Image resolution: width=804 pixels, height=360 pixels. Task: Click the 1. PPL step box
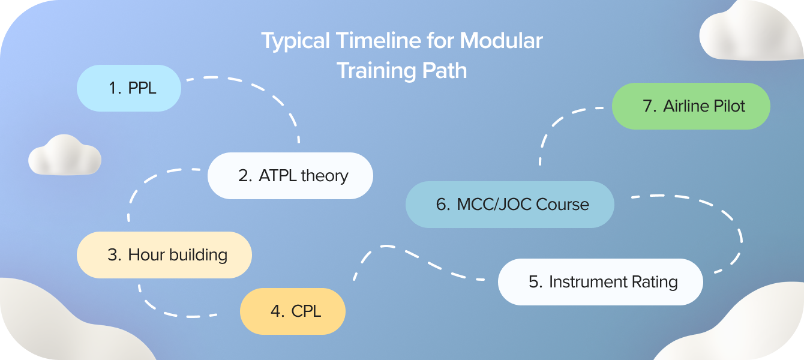coord(128,88)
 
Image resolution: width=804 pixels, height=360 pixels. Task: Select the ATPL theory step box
coord(290,176)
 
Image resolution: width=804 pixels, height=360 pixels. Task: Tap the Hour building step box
coord(164,255)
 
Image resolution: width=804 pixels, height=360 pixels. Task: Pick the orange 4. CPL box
coord(292,311)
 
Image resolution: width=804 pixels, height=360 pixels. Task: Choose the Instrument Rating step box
coord(600,282)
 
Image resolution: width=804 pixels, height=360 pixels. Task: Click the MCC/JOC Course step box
coord(509,205)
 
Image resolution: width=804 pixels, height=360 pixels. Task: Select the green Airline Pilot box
coord(691,106)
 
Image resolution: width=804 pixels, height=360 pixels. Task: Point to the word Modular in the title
coord(501,41)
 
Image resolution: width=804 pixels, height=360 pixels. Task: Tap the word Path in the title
coord(445,70)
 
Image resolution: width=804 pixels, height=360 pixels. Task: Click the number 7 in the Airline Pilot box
coord(647,106)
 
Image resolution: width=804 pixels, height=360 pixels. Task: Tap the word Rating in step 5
coord(654,282)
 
